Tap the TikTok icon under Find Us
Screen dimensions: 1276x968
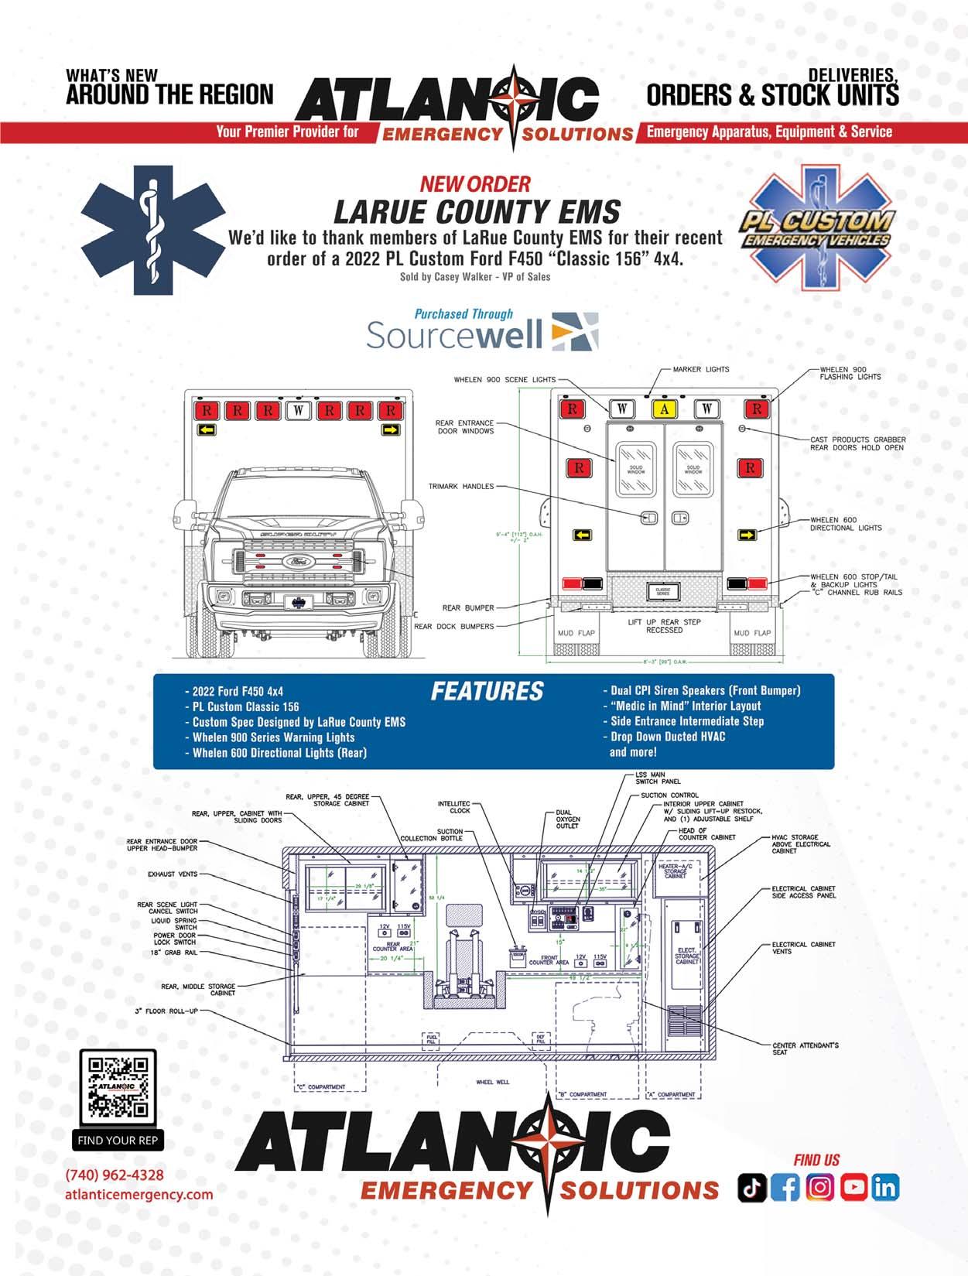click(x=751, y=1188)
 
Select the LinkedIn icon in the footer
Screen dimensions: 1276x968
click(x=885, y=1188)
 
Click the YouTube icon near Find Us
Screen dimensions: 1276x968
click(x=853, y=1188)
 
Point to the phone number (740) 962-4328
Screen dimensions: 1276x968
click(x=115, y=1175)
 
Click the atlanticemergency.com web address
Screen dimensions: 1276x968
click(x=139, y=1194)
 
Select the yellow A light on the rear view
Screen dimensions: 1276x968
click(x=664, y=409)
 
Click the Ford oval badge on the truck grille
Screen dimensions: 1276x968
click(x=296, y=561)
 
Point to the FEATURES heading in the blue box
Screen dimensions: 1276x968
click(x=487, y=691)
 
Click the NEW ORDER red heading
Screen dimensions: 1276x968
click(x=475, y=184)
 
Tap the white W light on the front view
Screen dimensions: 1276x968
click(x=298, y=410)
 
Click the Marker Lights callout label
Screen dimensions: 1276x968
click(x=700, y=369)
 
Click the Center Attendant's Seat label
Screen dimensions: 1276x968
click(x=805, y=1049)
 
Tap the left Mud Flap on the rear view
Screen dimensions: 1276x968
click(x=576, y=633)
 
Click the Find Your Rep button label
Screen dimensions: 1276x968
click(x=118, y=1140)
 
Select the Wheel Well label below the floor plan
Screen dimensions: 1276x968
click(x=492, y=1082)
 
